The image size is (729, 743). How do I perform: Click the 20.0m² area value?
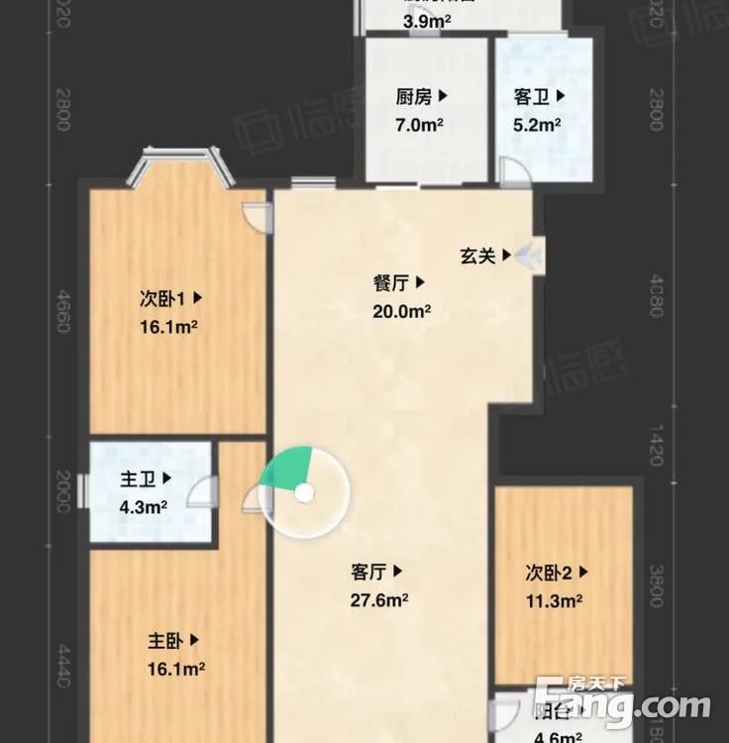tap(401, 310)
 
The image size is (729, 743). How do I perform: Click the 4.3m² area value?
tap(143, 506)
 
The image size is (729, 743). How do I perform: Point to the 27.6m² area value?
tap(380, 599)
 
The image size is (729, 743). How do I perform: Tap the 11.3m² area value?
tap(554, 599)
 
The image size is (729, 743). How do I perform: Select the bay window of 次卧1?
tap(179, 163)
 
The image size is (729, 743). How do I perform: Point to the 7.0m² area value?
tap(420, 125)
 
